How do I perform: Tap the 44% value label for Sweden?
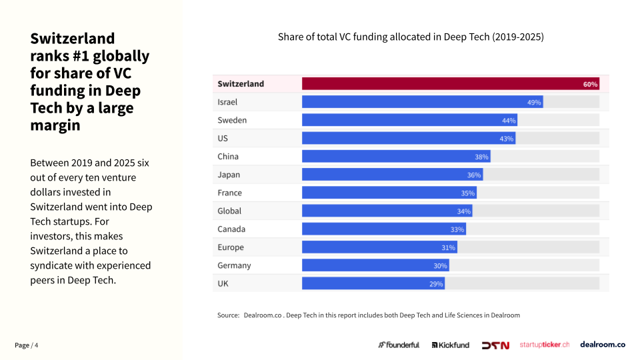(509, 121)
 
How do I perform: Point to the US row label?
(223, 139)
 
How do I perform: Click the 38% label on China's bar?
(481, 157)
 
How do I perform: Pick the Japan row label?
(229, 175)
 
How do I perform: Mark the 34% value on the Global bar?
(464, 211)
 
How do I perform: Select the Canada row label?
(231, 229)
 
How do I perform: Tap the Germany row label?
(234, 265)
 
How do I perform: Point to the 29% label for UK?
(436, 283)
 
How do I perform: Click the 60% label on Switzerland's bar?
(590, 84)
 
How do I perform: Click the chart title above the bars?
(411, 37)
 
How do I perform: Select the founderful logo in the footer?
(399, 345)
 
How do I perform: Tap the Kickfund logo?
(450, 345)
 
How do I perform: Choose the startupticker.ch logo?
(544, 345)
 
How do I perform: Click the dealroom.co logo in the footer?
(602, 345)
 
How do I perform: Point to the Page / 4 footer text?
(27, 345)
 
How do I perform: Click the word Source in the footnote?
(228, 315)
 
